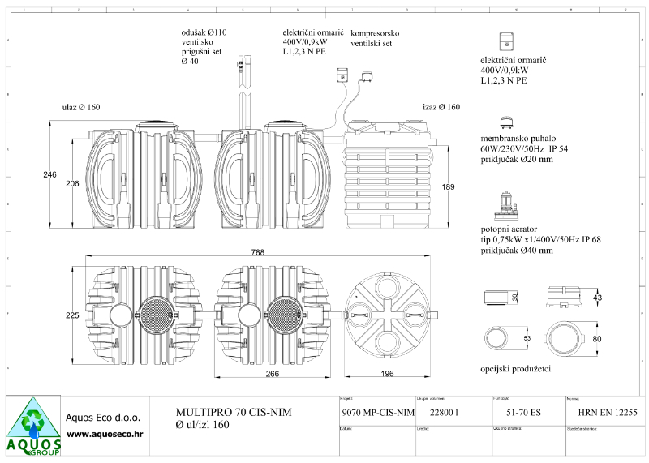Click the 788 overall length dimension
257,254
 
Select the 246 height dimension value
49,175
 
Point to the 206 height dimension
71,184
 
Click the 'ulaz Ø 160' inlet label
81,107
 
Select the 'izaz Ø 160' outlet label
441,107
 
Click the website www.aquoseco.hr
105,435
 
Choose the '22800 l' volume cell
444,414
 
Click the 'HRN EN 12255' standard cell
603,414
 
